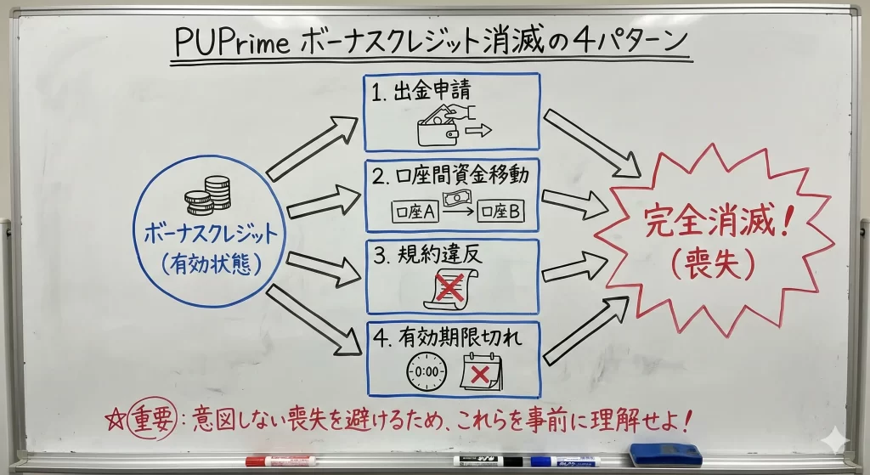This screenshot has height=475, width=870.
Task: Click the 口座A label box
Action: coord(415,211)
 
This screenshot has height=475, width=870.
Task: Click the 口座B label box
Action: coord(500,211)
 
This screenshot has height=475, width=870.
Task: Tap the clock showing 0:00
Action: coord(427,371)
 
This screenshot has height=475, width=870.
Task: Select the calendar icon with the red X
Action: coord(482,371)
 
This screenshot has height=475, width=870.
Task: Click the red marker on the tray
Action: coord(280,461)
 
